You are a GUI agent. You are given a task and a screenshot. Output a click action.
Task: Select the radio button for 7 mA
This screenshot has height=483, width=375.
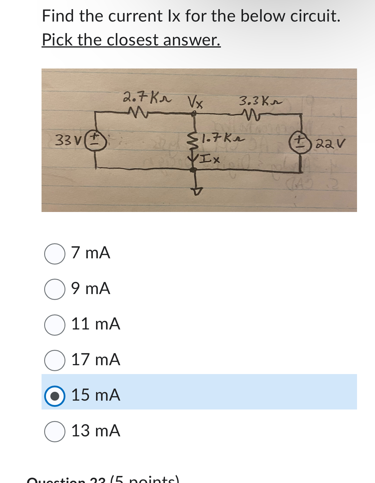[55, 254]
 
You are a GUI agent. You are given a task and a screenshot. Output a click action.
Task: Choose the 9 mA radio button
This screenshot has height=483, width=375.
[55, 289]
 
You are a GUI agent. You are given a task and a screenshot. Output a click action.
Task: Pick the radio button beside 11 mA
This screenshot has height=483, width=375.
[55, 325]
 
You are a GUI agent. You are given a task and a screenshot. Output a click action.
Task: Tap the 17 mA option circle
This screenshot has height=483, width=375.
[55, 360]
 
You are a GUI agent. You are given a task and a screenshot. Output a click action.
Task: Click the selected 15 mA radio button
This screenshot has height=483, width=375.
[55, 396]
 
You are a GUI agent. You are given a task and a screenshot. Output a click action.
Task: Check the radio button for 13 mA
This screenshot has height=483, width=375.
[55, 431]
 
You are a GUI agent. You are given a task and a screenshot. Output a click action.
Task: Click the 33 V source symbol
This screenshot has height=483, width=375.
[95, 141]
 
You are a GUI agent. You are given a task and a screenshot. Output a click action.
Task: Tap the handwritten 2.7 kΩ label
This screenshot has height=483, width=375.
[147, 97]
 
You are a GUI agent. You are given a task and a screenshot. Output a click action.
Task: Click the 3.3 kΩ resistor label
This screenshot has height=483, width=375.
[260, 102]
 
